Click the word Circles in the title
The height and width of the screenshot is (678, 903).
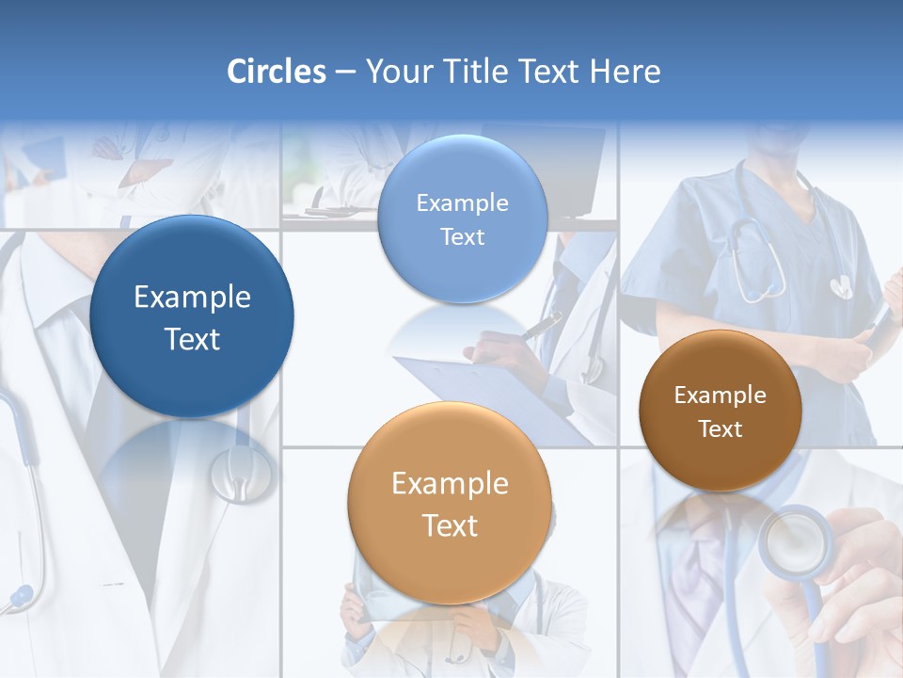(x=276, y=72)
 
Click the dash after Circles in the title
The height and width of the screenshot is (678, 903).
(x=345, y=73)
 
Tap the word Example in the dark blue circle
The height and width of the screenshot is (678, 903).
(x=192, y=298)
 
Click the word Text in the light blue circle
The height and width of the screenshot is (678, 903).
(x=462, y=237)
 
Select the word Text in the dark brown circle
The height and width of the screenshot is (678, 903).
(x=721, y=429)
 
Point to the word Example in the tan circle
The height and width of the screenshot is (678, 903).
(x=450, y=484)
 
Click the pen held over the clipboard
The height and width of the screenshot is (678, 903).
(x=541, y=326)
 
